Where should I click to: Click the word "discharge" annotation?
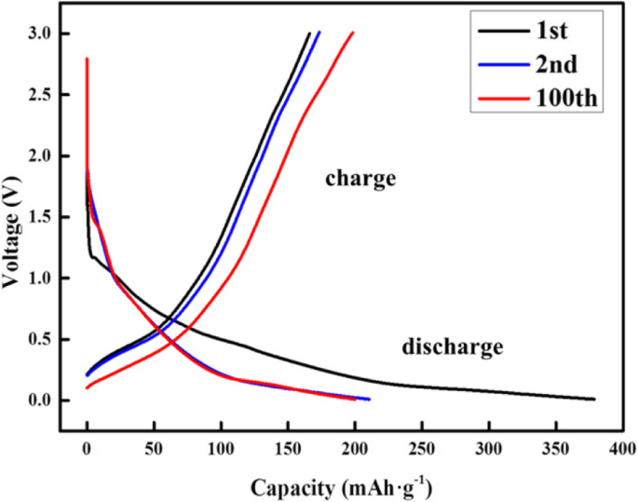click(x=453, y=348)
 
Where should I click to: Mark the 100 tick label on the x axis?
click(x=221, y=449)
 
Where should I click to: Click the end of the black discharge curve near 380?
click(x=593, y=399)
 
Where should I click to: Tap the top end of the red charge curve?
click(x=352, y=33)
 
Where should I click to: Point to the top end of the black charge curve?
click(x=309, y=33)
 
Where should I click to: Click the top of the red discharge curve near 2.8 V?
click(x=87, y=59)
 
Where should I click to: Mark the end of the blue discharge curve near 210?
click(x=369, y=399)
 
